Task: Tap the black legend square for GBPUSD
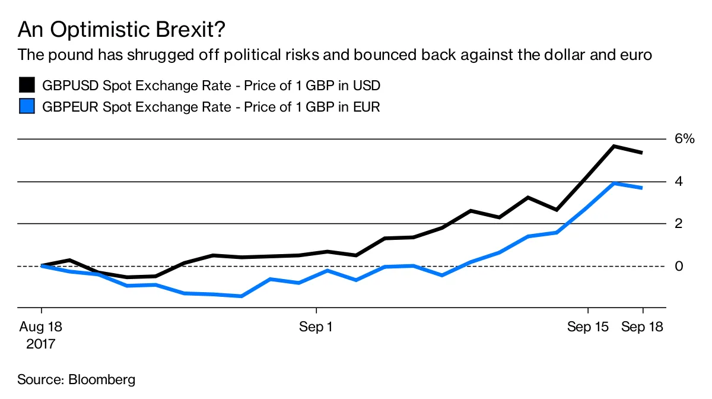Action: point(27,85)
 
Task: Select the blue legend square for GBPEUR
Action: point(27,107)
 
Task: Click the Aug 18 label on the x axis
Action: point(41,327)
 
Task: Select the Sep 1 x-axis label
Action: point(316,327)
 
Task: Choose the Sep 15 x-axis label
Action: point(587,327)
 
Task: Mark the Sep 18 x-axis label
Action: point(642,327)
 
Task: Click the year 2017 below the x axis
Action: point(41,344)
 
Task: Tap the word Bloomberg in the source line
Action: point(102,379)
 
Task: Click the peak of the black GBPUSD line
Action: point(615,146)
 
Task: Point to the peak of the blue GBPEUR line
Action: point(615,183)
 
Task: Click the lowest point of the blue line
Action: point(241,296)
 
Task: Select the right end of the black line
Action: point(642,153)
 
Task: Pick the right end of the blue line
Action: point(642,188)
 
